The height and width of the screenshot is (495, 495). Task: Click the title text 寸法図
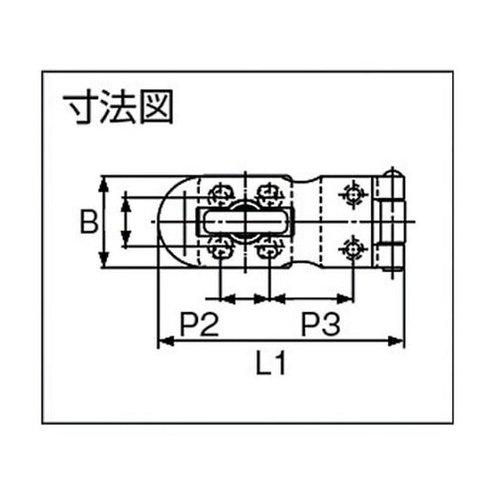tap(117, 106)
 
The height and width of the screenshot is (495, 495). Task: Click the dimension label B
tap(88, 222)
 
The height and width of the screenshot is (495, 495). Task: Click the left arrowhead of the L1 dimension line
tap(162, 342)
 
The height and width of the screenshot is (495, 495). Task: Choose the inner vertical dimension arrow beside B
tap(126, 221)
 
